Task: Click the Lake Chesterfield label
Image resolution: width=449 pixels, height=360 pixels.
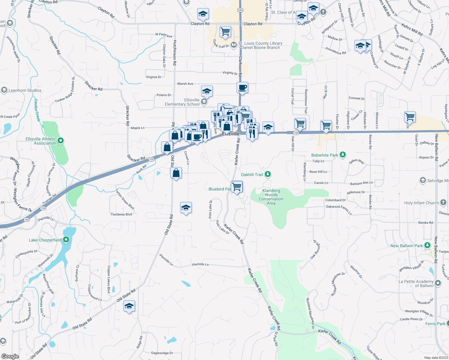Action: [45, 240]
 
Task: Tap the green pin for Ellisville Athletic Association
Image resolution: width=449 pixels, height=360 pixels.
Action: [61, 140]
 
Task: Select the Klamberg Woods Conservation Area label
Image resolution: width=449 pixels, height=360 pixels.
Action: [271, 197]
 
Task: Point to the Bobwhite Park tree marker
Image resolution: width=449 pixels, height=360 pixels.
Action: [343, 155]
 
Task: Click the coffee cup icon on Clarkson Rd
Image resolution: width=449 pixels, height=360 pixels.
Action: [242, 88]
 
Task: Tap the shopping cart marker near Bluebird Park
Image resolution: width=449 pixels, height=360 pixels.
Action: [237, 187]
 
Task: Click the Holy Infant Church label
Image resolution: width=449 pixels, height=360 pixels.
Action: [421, 203]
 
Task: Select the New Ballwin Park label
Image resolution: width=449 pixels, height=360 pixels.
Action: [406, 246]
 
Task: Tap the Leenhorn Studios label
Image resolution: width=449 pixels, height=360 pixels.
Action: [25, 90]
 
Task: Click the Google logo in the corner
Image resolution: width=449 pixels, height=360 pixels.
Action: [10, 356]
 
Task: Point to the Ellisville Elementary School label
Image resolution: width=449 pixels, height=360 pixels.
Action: [182, 102]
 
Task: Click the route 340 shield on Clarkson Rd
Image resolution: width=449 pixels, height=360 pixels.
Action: [240, 10]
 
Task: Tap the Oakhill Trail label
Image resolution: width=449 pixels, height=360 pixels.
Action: [252, 175]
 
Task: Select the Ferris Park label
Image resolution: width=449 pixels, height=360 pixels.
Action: [435, 324]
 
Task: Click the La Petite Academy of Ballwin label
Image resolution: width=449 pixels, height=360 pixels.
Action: [416, 283]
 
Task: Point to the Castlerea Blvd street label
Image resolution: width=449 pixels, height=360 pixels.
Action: [121, 214]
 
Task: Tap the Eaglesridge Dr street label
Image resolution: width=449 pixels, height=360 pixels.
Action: [162, 353]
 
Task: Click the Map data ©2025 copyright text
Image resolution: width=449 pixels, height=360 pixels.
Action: [436, 358]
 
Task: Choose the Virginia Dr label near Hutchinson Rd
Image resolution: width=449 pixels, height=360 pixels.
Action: [154, 77]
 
